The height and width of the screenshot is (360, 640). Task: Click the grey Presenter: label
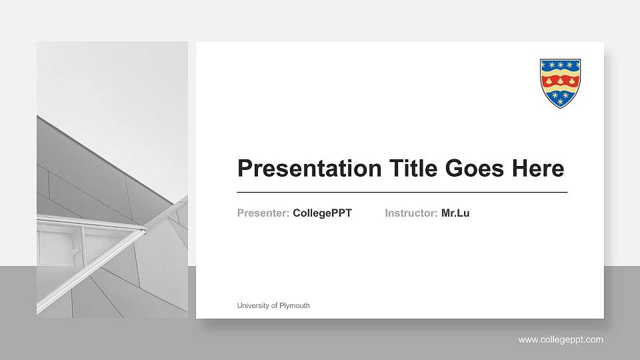pyautogui.click(x=263, y=213)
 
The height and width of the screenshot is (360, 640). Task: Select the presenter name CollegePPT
pyautogui.click(x=322, y=213)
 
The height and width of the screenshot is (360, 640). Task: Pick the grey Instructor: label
pyautogui.click(x=411, y=213)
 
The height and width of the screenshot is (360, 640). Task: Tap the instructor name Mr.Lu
pyautogui.click(x=455, y=213)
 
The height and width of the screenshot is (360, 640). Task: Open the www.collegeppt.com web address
pyautogui.click(x=561, y=340)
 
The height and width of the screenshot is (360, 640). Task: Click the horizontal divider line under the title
pyautogui.click(x=402, y=192)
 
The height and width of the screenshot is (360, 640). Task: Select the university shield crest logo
pyautogui.click(x=560, y=83)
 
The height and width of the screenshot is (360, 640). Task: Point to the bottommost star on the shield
pyautogui.click(x=560, y=102)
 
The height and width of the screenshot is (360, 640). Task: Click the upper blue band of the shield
pyautogui.click(x=560, y=65)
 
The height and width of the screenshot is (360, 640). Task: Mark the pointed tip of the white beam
pyautogui.click(x=145, y=230)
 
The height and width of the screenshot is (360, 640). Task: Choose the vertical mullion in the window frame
pyautogui.click(x=83, y=243)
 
